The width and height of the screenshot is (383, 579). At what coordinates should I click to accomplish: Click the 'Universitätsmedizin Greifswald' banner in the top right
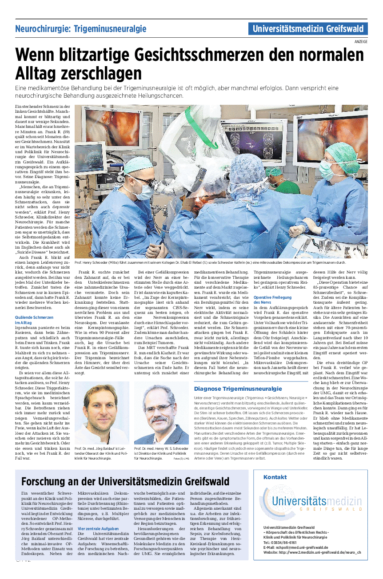coord(308,29)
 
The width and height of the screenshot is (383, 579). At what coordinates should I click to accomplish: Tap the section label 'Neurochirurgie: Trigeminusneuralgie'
coord(80,29)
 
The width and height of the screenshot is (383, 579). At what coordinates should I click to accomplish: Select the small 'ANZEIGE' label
coord(361,41)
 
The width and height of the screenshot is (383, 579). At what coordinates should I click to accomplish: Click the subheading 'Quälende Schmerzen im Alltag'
coord(34,320)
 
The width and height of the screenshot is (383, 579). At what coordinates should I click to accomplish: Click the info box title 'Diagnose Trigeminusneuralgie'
coord(238,389)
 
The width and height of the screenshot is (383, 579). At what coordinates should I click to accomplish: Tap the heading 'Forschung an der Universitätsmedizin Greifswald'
coord(125,482)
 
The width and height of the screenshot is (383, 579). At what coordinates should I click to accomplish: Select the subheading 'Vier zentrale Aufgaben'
coord(98,529)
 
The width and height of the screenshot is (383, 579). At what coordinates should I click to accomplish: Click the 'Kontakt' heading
coord(275,477)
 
